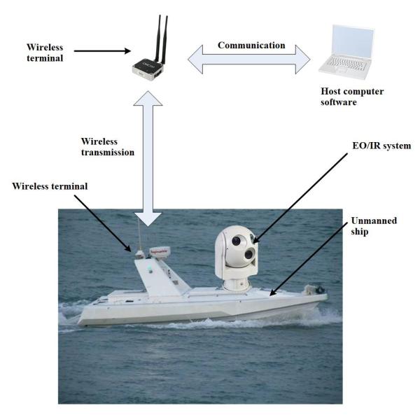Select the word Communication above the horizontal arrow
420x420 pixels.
click(x=251, y=45)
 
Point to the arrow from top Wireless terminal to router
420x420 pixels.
click(x=101, y=50)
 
